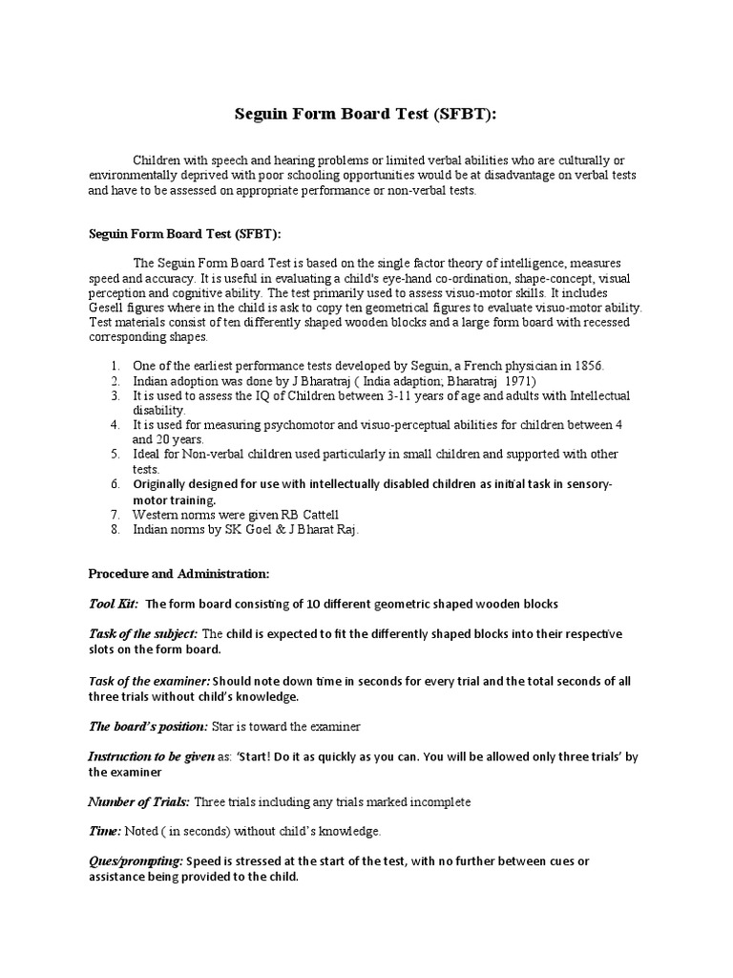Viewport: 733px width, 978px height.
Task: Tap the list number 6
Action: (115, 484)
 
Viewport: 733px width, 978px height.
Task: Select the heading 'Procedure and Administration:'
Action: (179, 574)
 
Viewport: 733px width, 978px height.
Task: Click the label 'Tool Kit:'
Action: (114, 604)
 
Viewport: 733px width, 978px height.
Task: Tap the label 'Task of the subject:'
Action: (143, 634)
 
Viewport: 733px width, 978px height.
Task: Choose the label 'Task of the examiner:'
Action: (149, 681)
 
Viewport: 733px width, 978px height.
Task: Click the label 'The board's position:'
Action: (148, 728)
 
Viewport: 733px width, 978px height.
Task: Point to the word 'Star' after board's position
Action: (224, 728)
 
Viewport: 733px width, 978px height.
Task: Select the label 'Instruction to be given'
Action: (152, 756)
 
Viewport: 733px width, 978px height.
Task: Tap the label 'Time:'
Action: (105, 832)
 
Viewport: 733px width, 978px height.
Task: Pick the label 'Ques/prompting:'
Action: (136, 861)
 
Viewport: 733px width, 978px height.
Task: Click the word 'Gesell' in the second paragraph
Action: (109, 308)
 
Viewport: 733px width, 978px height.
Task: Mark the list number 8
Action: (115, 529)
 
